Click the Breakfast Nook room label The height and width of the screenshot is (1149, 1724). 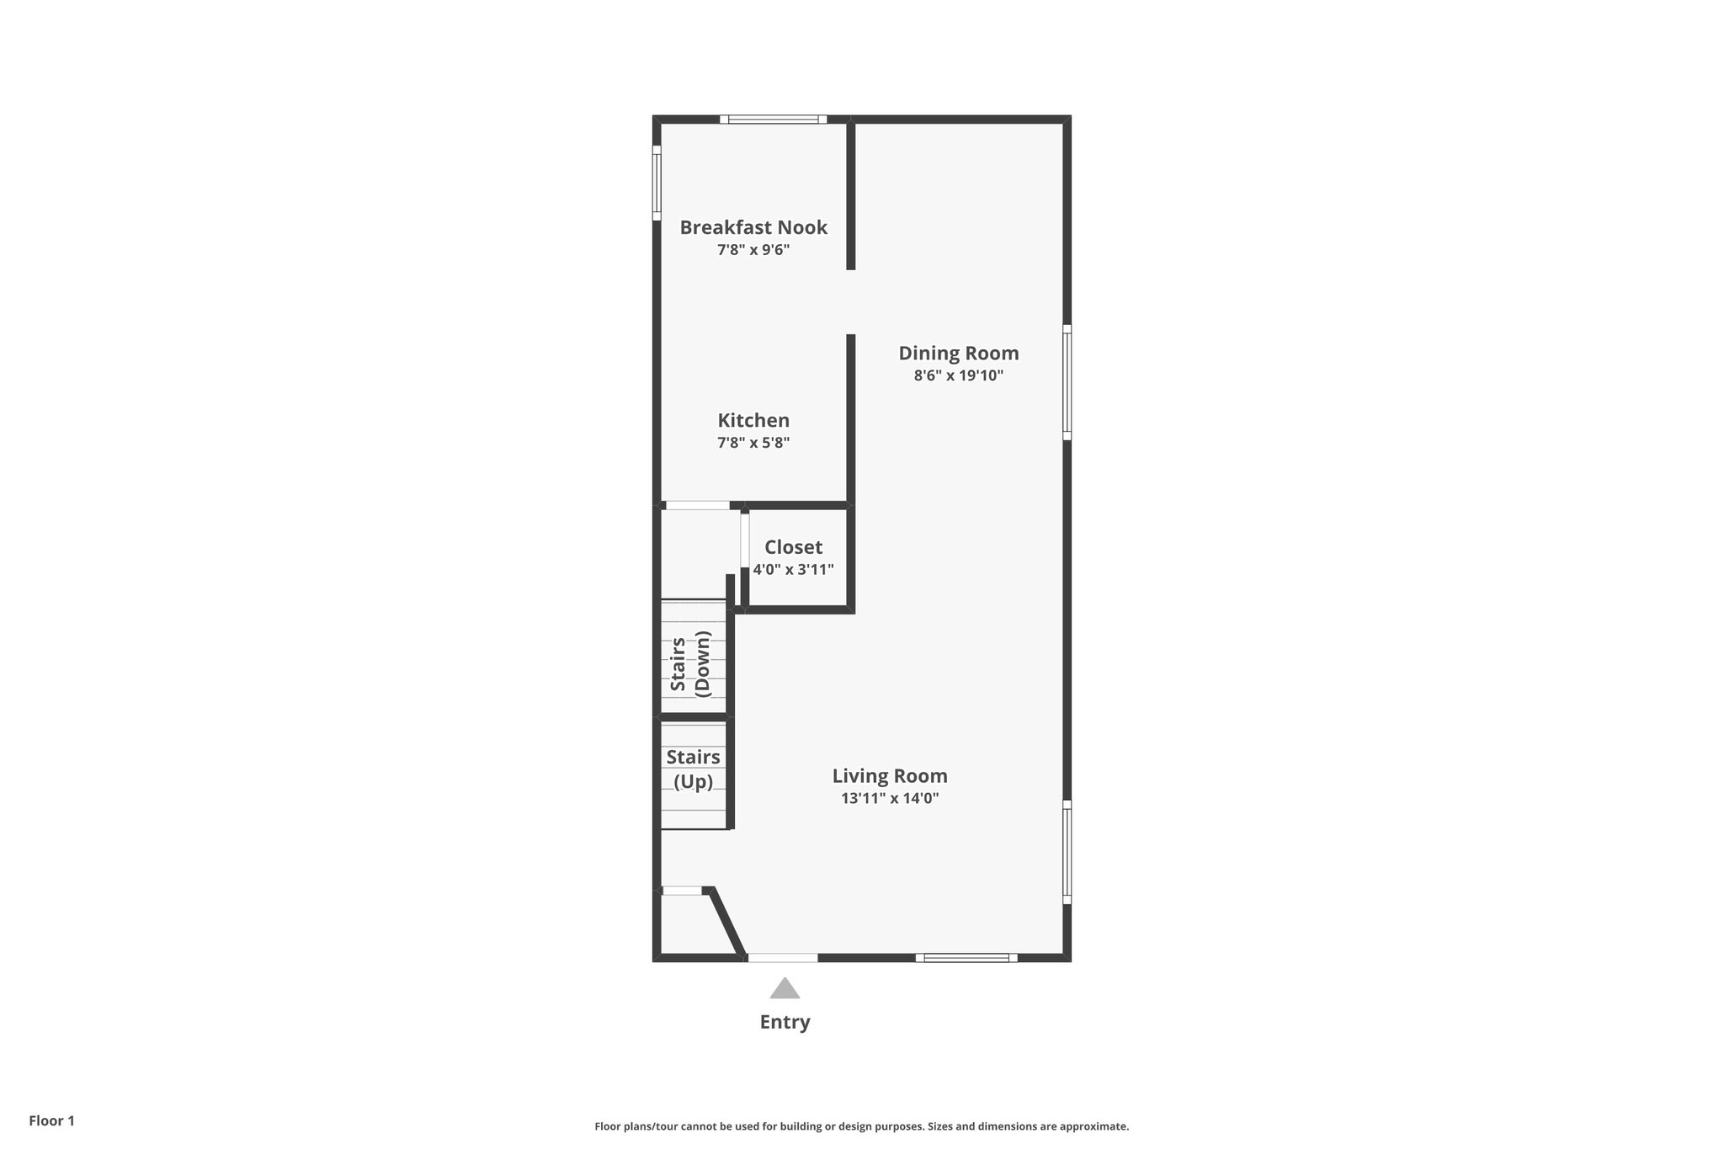[x=753, y=227]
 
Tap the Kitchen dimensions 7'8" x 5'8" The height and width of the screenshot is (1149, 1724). [x=753, y=443]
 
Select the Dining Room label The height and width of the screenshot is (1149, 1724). [x=958, y=353]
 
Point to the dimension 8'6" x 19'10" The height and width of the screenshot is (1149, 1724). [x=958, y=375]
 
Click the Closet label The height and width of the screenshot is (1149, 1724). [x=793, y=547]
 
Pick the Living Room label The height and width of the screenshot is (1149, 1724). [x=890, y=776]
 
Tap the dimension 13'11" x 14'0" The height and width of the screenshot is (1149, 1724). [x=890, y=799]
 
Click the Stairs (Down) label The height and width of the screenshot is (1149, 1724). [x=691, y=664]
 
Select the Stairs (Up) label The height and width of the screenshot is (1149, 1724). [x=693, y=769]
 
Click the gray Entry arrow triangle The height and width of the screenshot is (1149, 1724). [x=785, y=989]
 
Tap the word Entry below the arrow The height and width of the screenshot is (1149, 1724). [x=785, y=1022]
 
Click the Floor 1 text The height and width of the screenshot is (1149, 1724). [x=52, y=1120]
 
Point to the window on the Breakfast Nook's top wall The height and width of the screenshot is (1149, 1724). [x=773, y=120]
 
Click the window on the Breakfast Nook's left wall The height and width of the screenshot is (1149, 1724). [x=657, y=184]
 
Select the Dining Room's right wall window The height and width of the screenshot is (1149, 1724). [x=1067, y=382]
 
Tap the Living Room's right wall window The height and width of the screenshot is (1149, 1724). [x=1067, y=852]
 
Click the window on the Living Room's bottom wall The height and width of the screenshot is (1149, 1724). [x=966, y=957]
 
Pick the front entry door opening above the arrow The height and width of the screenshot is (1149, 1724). [x=783, y=957]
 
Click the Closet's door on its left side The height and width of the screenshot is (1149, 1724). [x=745, y=540]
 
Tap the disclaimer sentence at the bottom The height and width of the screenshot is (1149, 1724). [x=861, y=1126]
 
